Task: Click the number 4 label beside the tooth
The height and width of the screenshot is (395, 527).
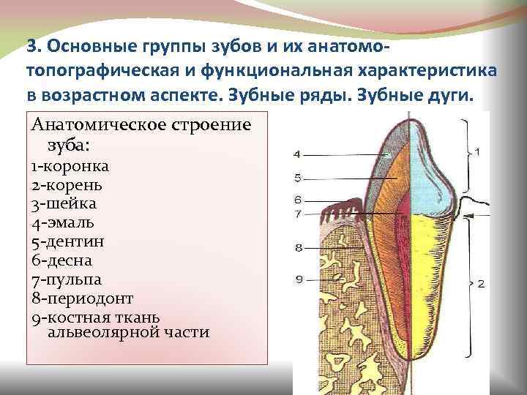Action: point(297,154)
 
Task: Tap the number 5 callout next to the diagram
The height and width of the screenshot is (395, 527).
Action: point(297,178)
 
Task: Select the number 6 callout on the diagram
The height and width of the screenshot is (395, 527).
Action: point(298,199)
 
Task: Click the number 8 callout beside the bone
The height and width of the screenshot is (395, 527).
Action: point(299,248)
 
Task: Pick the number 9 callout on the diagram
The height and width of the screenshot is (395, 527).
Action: point(299,278)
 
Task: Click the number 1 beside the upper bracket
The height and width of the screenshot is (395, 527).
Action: point(477,151)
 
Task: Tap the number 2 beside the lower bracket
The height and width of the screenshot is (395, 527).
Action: point(480,283)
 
